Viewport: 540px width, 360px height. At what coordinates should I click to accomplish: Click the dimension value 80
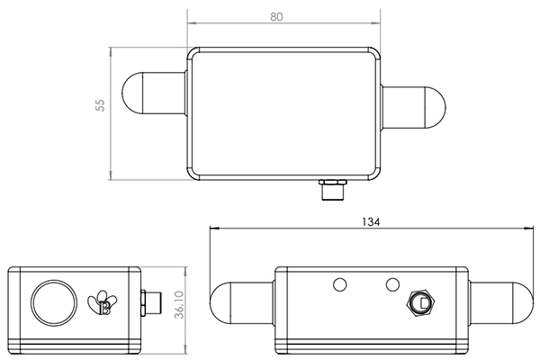point(283,16)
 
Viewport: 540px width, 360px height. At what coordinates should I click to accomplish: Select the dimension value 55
point(101,106)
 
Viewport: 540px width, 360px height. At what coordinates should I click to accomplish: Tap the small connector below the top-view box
point(332,191)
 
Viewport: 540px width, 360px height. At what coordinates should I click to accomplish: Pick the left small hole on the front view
point(339,285)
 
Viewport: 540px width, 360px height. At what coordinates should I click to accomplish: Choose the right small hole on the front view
point(391,284)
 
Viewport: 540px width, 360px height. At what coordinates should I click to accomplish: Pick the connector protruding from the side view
point(150,303)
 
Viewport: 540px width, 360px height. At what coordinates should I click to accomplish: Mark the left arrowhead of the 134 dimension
point(213,229)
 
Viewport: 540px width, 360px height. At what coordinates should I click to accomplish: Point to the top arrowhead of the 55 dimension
point(110,46)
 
